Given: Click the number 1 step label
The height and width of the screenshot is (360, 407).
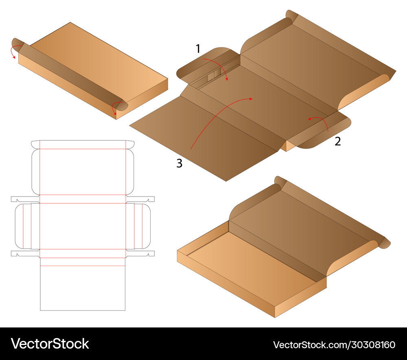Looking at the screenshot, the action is pos(198,48).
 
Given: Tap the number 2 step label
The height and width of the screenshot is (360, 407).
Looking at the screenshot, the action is pos(337,141).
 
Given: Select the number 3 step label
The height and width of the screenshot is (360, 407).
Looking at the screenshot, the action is pos(179,163).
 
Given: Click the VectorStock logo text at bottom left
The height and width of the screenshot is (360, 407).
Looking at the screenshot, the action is pos(50,344).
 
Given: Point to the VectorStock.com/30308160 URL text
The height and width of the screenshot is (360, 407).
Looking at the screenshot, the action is pos(334,345).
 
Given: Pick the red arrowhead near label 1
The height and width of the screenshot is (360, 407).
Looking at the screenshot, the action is pos(227,79).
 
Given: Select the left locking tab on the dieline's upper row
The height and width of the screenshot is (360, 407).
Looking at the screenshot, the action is pos(25,199).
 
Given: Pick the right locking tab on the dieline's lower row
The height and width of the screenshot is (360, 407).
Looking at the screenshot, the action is pos(140,253).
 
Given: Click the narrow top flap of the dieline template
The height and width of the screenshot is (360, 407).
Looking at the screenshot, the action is pos(83,144).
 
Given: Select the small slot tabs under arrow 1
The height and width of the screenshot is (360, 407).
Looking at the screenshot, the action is pos(214,75).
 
